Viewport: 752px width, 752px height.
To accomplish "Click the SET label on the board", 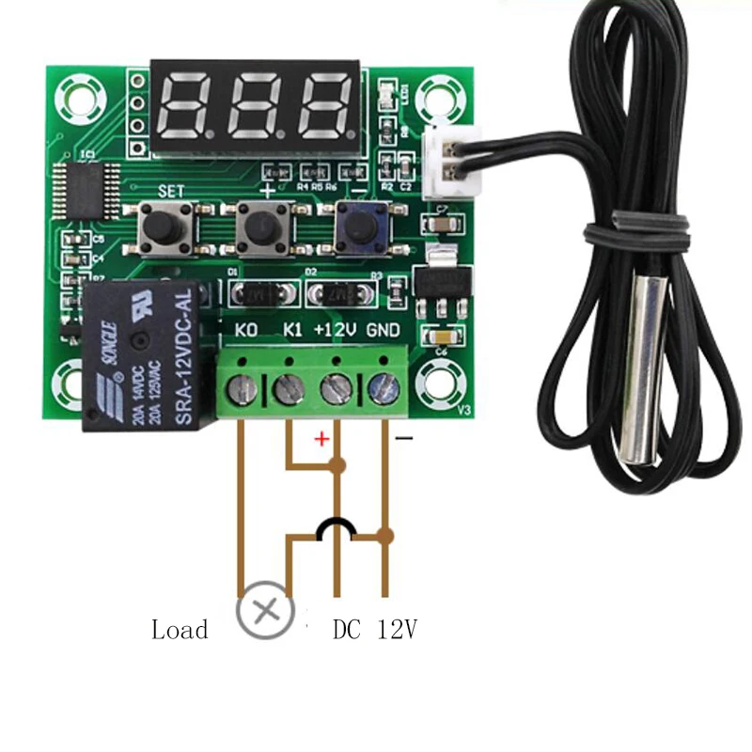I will [171, 190].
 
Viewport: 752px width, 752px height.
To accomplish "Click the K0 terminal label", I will [246, 330].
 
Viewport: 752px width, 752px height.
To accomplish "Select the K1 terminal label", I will [292, 330].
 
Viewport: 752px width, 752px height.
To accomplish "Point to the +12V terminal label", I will [334, 330].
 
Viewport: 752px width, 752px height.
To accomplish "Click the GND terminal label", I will [384, 330].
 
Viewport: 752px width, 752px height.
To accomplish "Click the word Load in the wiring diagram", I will [180, 629].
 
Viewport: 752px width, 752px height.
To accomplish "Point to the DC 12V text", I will [374, 629].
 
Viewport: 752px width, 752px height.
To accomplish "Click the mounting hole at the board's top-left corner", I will [77, 95].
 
